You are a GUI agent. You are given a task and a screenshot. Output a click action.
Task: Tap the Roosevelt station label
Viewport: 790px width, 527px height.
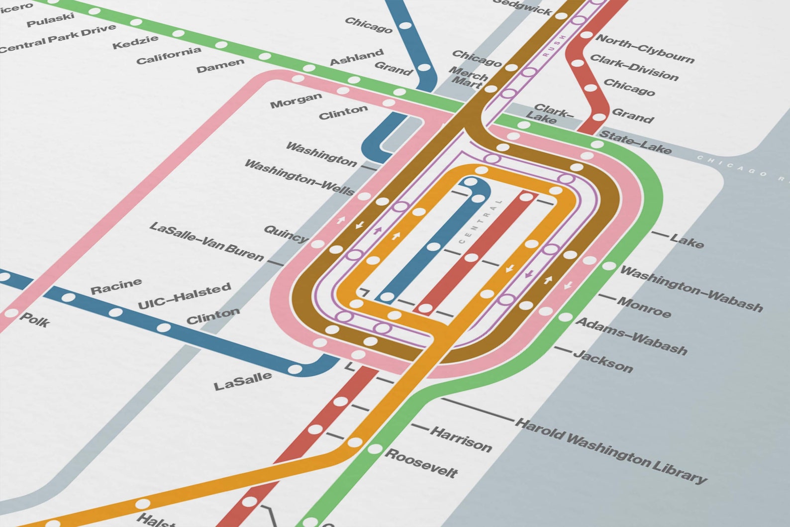tap(421, 463)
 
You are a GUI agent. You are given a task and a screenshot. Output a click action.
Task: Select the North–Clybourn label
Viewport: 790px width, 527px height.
tap(645, 49)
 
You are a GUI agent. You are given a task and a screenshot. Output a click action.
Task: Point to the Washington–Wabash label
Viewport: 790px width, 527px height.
tap(691, 289)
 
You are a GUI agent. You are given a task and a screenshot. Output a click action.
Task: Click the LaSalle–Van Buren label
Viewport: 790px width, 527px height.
tap(206, 242)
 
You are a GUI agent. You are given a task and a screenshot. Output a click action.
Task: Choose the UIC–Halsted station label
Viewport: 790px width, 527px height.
tap(184, 296)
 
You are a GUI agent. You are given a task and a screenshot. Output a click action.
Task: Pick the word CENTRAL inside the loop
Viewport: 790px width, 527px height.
tap(481, 221)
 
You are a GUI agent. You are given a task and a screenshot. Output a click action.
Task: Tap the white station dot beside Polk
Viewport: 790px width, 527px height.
tap(11, 314)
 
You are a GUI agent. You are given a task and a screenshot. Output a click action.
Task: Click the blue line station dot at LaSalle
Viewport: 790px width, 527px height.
tap(295, 369)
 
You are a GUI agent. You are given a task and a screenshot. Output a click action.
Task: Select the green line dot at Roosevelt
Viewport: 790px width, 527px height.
tap(375, 449)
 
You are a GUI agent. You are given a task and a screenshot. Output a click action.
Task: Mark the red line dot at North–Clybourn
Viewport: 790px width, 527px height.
tap(587, 35)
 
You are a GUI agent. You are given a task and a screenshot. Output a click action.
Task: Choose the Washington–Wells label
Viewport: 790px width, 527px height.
tap(299, 178)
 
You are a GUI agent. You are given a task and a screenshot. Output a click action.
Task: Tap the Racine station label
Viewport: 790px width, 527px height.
tap(116, 286)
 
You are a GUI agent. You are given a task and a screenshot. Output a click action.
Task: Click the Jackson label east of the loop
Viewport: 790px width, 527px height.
tap(603, 361)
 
